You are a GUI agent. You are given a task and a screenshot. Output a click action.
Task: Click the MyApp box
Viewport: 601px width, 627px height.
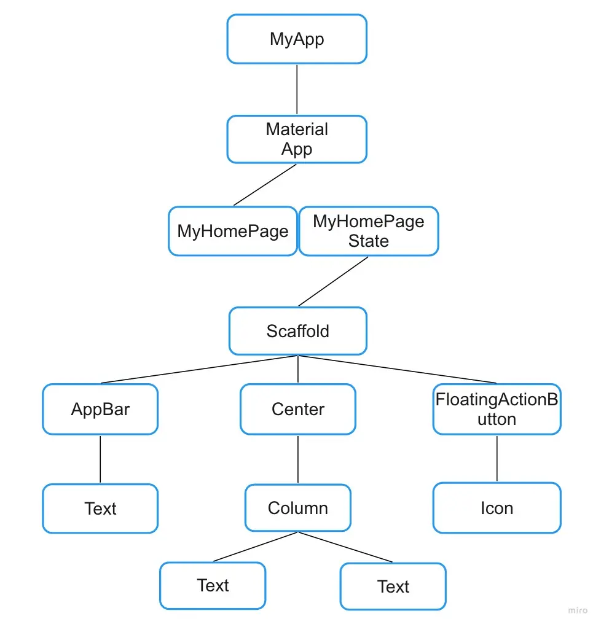coord(297,39)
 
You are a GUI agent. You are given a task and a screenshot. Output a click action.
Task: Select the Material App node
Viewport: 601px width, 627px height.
coord(297,139)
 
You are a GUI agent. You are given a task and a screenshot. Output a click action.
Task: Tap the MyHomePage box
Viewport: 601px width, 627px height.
coord(233,231)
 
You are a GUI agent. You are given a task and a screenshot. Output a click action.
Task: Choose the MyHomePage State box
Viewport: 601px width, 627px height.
coord(368,231)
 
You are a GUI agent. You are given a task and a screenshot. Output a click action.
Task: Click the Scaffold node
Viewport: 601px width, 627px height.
coord(297,331)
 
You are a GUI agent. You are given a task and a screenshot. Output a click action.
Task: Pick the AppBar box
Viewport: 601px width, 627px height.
coord(100,409)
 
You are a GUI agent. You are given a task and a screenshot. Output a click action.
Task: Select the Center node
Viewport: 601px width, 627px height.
coord(297,409)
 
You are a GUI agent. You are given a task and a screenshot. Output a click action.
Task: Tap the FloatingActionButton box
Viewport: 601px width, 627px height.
coord(497,409)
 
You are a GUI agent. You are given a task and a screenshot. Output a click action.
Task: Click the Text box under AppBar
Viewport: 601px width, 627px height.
coord(100,508)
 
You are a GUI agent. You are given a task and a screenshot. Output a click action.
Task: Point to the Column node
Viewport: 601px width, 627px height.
coord(297,508)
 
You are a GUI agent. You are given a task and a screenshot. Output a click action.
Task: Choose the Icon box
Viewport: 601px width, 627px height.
coord(497,508)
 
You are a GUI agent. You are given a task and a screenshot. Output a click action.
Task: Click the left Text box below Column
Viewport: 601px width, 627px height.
coord(213,585)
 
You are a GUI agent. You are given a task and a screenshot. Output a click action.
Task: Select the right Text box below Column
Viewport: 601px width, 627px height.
coord(393,586)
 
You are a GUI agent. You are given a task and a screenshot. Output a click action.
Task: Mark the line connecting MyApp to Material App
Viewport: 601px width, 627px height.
coord(297,90)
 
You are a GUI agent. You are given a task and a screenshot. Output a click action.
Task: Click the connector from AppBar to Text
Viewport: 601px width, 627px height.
coord(100,459)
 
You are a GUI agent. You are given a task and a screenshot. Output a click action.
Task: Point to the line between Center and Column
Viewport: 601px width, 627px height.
coord(298,459)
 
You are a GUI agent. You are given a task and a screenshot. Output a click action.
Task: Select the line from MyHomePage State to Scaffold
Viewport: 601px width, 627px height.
coord(334,281)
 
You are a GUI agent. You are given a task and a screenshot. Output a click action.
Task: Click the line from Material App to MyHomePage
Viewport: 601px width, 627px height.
coord(265,184)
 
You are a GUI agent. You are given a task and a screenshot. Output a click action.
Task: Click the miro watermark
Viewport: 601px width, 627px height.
coord(578,610)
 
